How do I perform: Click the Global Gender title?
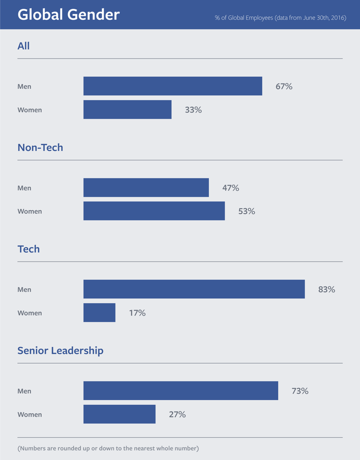pyautogui.click(x=68, y=15)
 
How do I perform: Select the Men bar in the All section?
pyautogui.click(x=172, y=86)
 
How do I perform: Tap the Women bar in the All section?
pyautogui.click(x=127, y=109)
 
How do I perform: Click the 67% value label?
pyautogui.click(x=284, y=86)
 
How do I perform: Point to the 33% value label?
pyautogui.click(x=193, y=110)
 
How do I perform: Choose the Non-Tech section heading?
pyautogui.click(x=40, y=147)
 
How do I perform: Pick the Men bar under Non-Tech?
pyautogui.click(x=146, y=187)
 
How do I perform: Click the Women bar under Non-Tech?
pyautogui.click(x=154, y=211)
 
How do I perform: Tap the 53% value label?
pyautogui.click(x=246, y=211)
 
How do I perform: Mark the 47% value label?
pyautogui.click(x=230, y=188)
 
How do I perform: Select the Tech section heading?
pyautogui.click(x=28, y=249)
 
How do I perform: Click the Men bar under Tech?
pyautogui.click(x=194, y=289)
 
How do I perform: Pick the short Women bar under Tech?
pyautogui.click(x=99, y=312)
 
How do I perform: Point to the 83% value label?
pyautogui.click(x=326, y=289)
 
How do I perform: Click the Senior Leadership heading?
pyautogui.click(x=60, y=350)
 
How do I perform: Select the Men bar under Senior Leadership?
pyautogui.click(x=180, y=390)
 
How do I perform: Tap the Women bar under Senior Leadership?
pyautogui.click(x=119, y=414)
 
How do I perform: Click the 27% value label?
pyautogui.click(x=177, y=414)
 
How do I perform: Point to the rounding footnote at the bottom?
pyautogui.click(x=108, y=448)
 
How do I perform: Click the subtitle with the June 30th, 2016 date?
pyautogui.click(x=280, y=18)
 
